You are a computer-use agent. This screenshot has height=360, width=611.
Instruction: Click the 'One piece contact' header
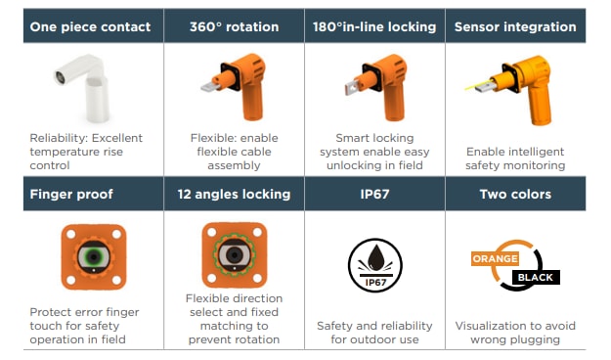click(90, 26)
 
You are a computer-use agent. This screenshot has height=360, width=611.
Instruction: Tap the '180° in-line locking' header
click(374, 26)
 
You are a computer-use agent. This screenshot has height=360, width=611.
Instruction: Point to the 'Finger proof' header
click(71, 194)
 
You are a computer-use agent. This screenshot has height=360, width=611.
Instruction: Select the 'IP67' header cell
click(374, 194)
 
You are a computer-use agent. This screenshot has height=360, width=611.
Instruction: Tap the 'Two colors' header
click(515, 194)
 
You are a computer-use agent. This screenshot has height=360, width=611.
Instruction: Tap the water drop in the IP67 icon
click(374, 257)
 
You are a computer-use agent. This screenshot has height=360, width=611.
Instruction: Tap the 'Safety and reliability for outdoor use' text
click(375, 333)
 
